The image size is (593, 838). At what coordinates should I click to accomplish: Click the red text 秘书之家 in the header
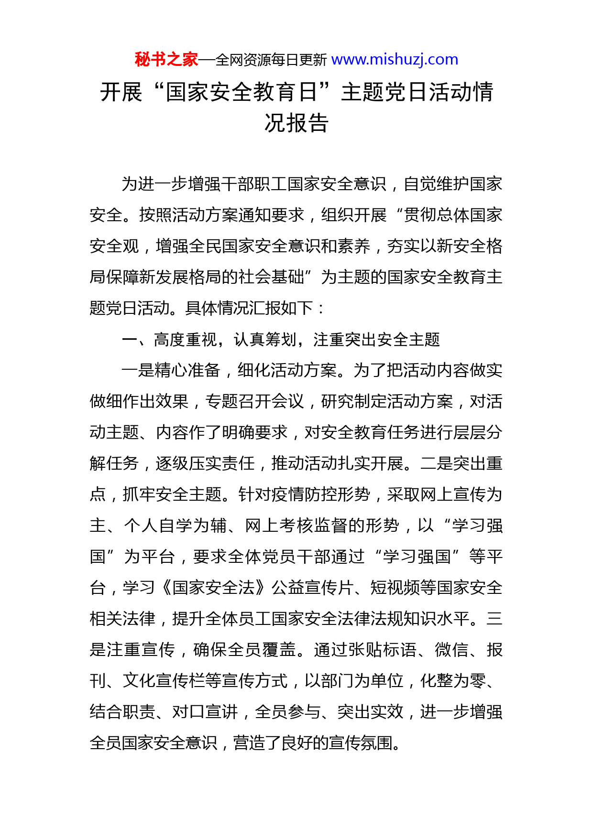[x=166, y=60]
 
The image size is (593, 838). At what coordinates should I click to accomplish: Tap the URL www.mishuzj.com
[x=395, y=60]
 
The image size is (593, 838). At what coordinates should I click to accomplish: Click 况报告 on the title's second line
[x=296, y=123]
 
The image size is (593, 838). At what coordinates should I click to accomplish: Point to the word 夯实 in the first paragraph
[x=403, y=246]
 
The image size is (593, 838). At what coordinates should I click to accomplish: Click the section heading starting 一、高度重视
[x=281, y=340]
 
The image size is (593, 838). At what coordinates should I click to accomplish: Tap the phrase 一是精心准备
[x=171, y=370]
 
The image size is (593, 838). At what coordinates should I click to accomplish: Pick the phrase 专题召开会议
[x=254, y=401]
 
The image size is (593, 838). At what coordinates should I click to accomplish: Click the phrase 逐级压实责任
[x=205, y=463]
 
